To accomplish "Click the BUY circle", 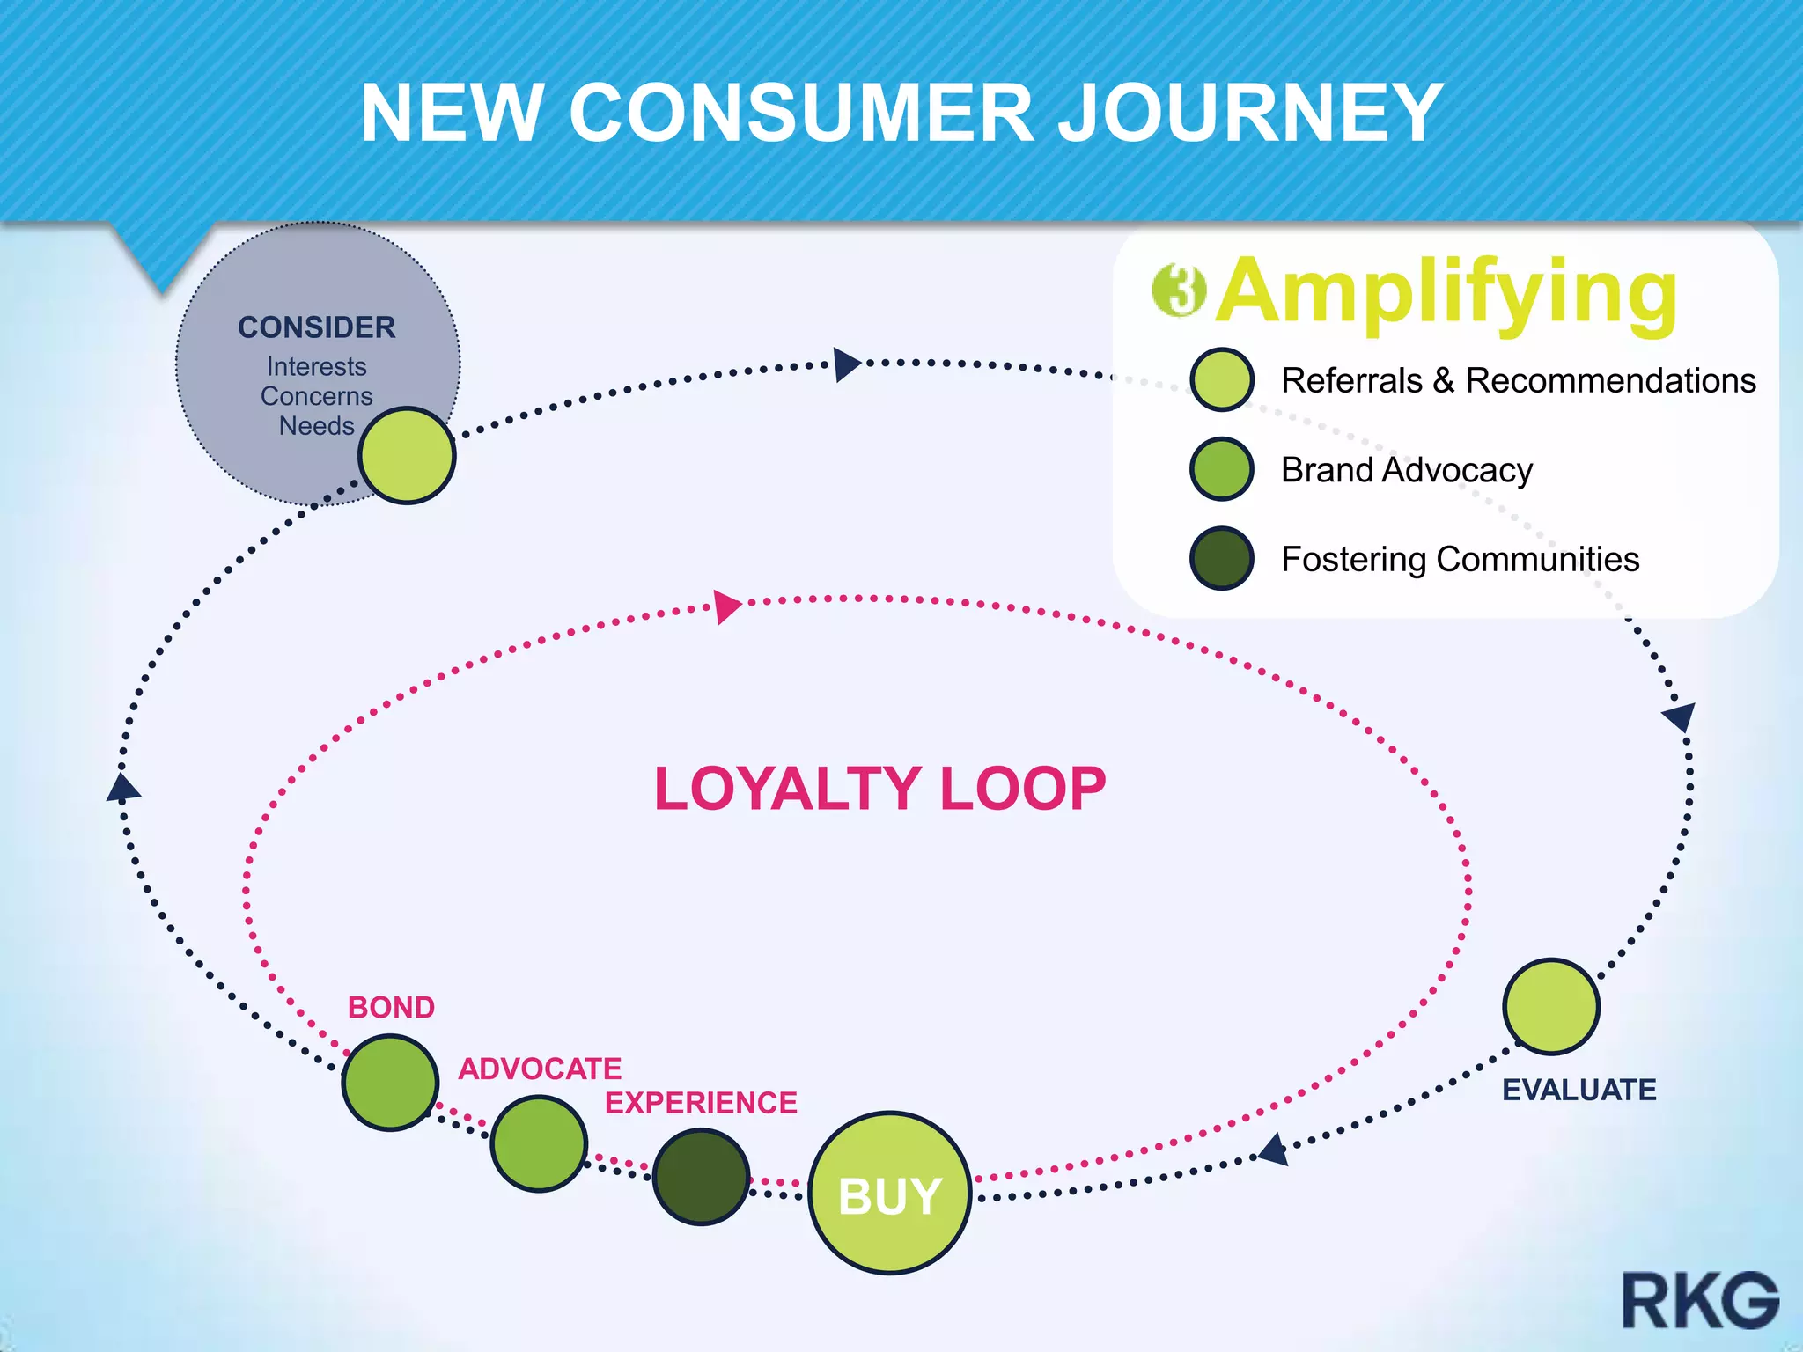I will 889,1194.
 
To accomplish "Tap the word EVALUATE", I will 1579,1090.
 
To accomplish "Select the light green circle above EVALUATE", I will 1551,1006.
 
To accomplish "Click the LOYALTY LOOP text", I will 879,789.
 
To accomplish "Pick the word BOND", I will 391,1007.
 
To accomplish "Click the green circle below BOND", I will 390,1082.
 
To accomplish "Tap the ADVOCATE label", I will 540,1069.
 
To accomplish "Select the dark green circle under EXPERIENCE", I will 701,1177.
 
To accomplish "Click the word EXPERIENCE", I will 701,1103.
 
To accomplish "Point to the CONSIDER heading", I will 316,327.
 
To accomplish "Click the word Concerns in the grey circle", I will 316,396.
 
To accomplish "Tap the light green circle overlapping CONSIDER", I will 407,455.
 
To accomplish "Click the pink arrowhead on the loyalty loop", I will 727,606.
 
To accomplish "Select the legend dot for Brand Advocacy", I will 1221,469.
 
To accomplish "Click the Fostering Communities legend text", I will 1460,559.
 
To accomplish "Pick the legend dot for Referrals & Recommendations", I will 1221,379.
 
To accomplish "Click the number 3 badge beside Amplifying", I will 1179,290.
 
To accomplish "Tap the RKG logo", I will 1700,1300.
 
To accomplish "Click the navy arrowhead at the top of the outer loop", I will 846,364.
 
